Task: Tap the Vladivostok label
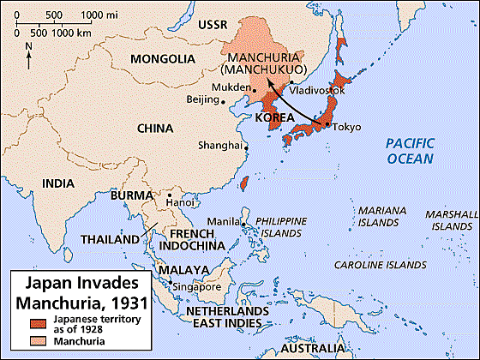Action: pos(318,90)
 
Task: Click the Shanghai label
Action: pos(219,145)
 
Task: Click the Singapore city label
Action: pos(200,286)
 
